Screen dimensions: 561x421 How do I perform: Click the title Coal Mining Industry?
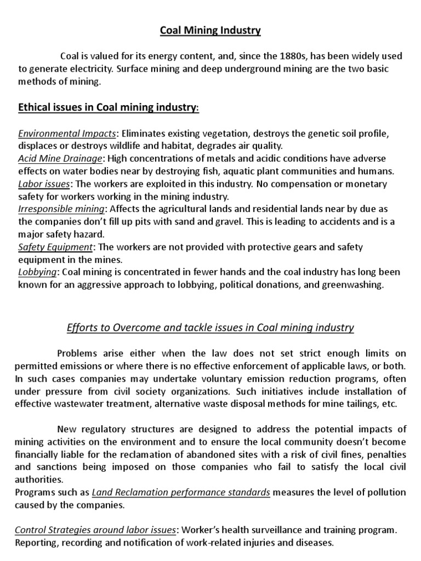(x=210, y=31)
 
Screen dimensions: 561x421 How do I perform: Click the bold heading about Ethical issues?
(x=109, y=108)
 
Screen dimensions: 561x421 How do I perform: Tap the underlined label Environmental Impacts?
(x=67, y=134)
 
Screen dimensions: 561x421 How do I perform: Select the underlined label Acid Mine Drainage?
(x=60, y=159)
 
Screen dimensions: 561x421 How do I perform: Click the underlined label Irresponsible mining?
(x=60, y=209)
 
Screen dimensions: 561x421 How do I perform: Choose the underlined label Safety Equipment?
(x=56, y=247)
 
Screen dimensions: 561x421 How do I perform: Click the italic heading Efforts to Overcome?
(x=210, y=328)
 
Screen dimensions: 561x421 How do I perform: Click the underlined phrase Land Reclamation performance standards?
(x=181, y=493)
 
